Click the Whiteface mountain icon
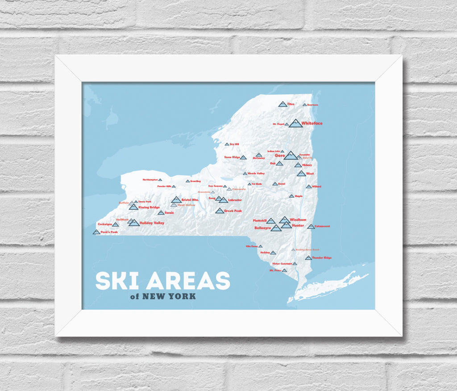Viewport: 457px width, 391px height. tap(295, 123)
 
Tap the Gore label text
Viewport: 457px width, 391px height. tap(279, 155)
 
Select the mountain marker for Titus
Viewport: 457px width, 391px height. tap(283, 104)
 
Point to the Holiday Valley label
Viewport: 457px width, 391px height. tap(152, 223)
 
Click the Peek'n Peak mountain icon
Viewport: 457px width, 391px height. tap(96, 232)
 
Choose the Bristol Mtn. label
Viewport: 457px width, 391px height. tap(192, 200)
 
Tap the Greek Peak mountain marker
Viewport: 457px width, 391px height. tap(219, 211)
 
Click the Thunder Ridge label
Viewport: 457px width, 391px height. tap(322, 258)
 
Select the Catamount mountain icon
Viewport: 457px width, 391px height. tap(311, 227)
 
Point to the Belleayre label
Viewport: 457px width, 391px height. tap(262, 228)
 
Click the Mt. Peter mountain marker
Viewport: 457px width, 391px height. tap(284, 270)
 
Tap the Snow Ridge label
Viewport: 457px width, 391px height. tap(232, 157)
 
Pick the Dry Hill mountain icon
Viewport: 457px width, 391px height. tap(227, 144)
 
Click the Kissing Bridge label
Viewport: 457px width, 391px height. tap(149, 207)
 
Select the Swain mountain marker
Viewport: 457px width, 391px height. tap(161, 213)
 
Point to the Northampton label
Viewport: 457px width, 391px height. tap(150, 179)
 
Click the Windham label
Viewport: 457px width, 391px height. tap(298, 220)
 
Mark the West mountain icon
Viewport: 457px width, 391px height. tap(301, 174)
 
